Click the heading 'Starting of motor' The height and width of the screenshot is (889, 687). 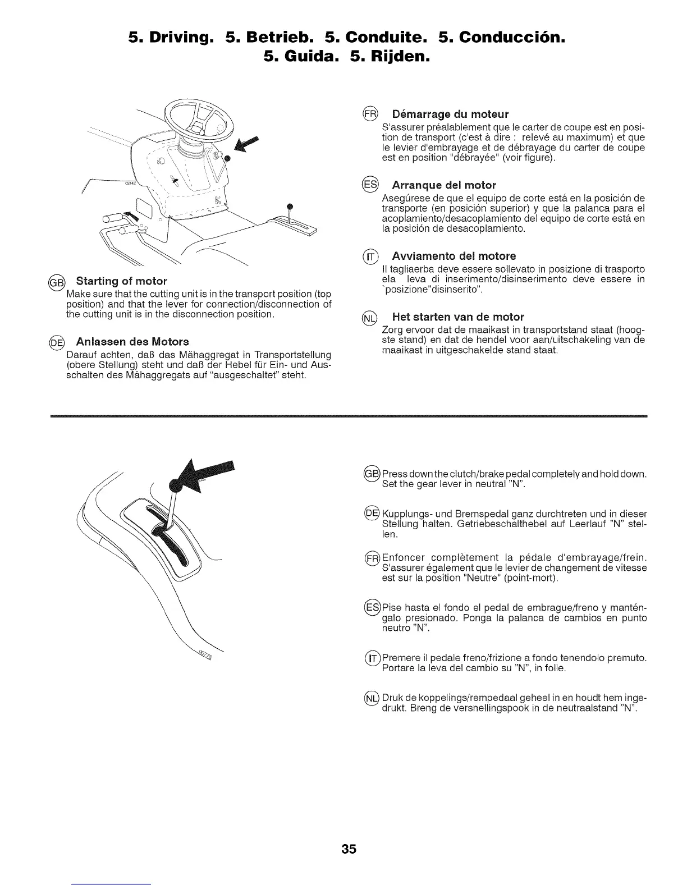pyautogui.click(x=122, y=281)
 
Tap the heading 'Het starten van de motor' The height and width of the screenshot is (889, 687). pyautogui.click(x=458, y=316)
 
